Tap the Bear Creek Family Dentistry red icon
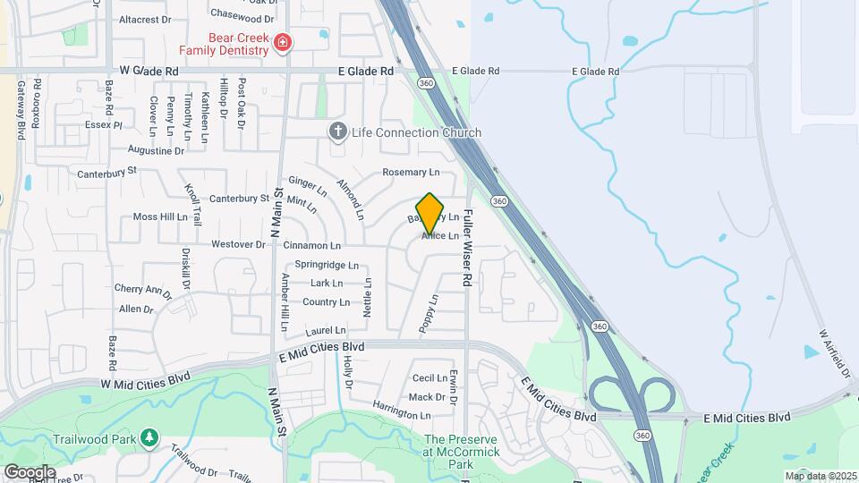coord(283,42)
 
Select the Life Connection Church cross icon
coord(337,132)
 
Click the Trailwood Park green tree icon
coord(150,437)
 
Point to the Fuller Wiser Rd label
coord(467,255)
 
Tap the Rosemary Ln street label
coord(411,172)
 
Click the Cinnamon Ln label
coord(311,245)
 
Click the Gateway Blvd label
coord(20,110)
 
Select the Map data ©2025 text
coord(821,476)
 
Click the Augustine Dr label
coord(156,150)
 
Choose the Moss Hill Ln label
coord(160,216)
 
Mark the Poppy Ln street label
coord(429,315)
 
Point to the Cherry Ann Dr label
coord(142,291)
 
